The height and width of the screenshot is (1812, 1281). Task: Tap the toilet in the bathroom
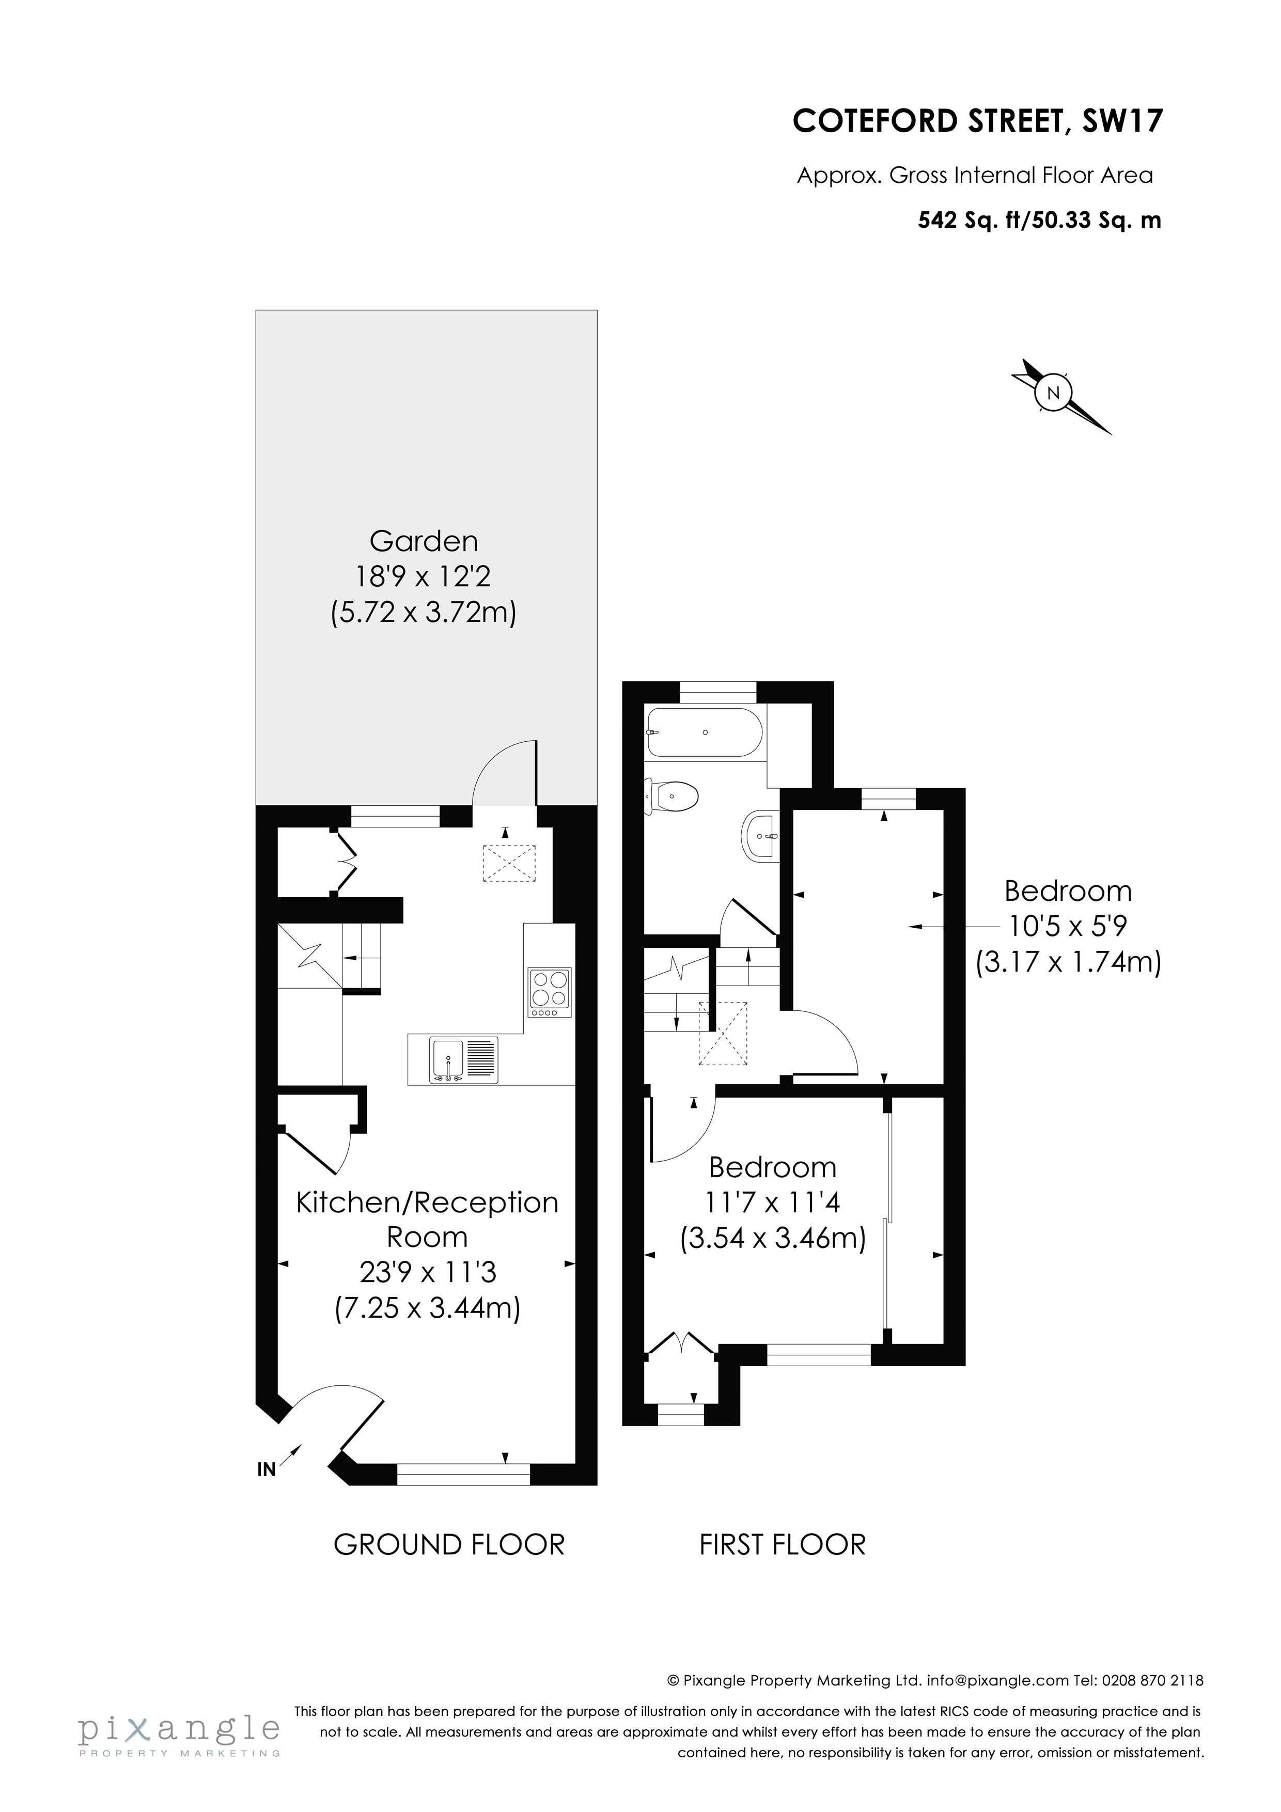[673, 796]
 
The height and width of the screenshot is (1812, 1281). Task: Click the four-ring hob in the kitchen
[550, 992]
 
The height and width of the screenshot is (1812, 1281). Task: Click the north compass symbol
[1053, 393]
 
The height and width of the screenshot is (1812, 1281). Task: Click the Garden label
[424, 541]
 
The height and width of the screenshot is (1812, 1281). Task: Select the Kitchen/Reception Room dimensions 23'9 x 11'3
[428, 1272]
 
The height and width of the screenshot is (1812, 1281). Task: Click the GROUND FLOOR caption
[449, 1544]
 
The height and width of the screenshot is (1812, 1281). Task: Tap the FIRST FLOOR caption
[782, 1544]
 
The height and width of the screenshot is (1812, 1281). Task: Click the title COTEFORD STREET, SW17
[978, 121]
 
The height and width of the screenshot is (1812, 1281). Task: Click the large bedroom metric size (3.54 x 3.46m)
[773, 1238]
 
